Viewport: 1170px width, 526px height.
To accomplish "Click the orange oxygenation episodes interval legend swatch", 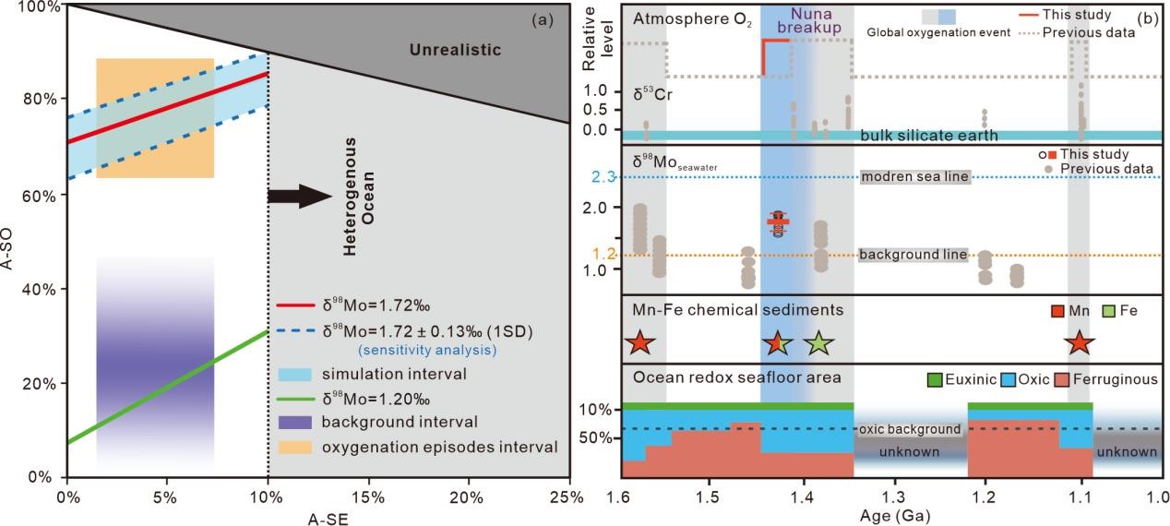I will tap(294, 447).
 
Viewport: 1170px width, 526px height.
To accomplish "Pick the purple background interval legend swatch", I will tap(294, 422).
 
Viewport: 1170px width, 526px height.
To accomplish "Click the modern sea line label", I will tap(914, 177).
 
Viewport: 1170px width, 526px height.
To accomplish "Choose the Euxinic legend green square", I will tap(935, 379).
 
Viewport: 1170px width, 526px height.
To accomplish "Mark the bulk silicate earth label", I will tap(929, 136).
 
